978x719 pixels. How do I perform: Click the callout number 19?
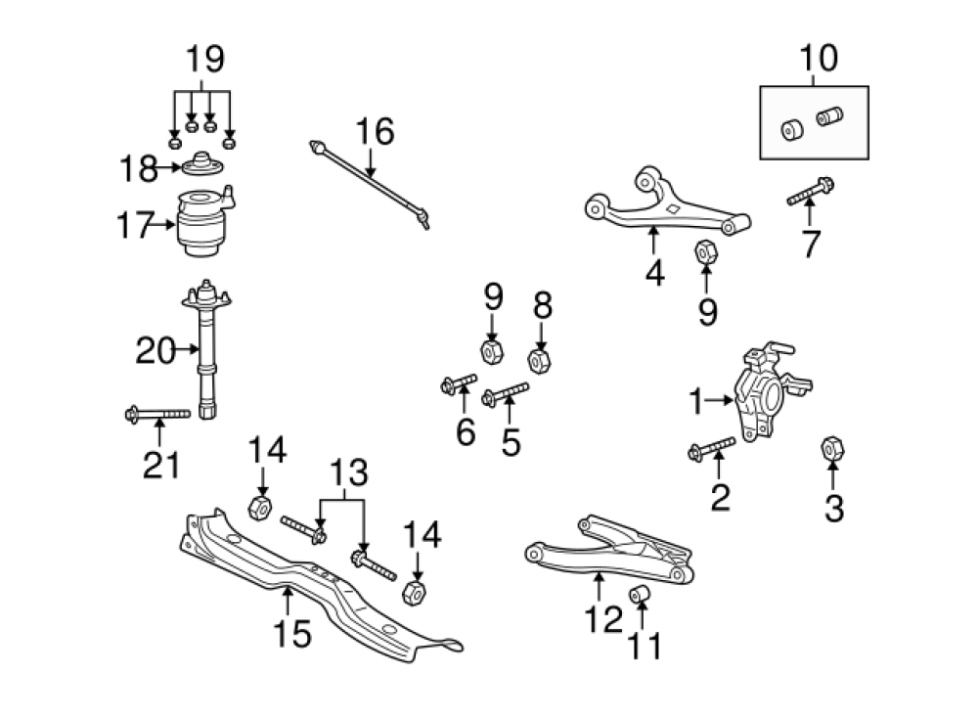(204, 59)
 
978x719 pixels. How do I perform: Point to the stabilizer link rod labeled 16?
(370, 177)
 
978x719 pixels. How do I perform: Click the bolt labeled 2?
(711, 449)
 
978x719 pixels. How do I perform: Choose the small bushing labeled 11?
(642, 594)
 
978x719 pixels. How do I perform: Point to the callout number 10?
(818, 58)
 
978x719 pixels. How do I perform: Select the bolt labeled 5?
(506, 396)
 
